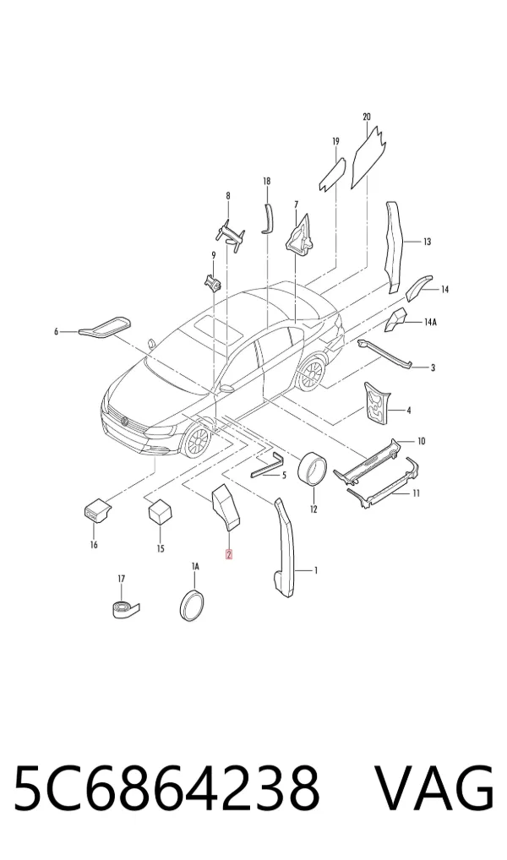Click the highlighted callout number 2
(x=229, y=554)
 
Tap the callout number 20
(x=367, y=117)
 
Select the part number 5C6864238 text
(x=166, y=788)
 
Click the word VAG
(x=434, y=788)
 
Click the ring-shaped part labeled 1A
(x=192, y=606)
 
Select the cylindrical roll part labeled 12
(x=312, y=469)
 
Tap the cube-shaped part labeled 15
(x=160, y=512)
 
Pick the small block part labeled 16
(x=95, y=511)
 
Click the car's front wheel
(x=196, y=440)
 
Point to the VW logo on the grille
(x=125, y=422)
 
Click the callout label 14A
(x=430, y=323)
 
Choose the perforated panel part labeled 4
(x=379, y=403)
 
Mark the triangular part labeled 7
(x=300, y=236)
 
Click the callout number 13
(x=427, y=242)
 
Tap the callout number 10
(x=421, y=441)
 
